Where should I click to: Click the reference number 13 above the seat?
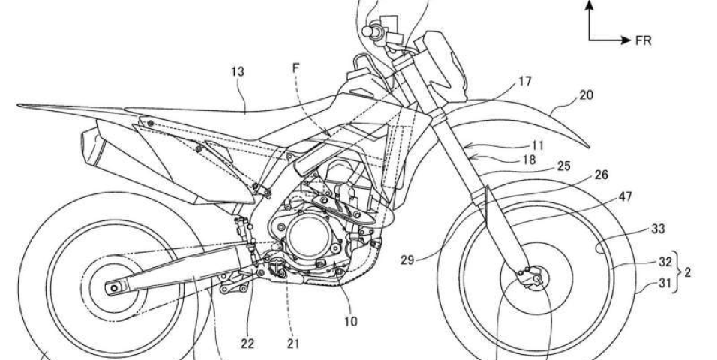(238, 71)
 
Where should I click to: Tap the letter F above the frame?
(296, 68)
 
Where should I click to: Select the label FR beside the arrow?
(643, 40)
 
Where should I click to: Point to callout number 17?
(524, 82)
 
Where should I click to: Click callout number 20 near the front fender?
(586, 95)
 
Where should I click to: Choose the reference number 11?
(537, 146)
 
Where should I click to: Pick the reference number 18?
(528, 160)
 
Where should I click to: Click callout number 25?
(564, 166)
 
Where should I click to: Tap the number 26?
(601, 175)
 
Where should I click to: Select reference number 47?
(625, 196)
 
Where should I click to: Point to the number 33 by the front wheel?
(658, 229)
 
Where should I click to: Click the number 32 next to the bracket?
(665, 262)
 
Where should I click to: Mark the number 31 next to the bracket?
(665, 283)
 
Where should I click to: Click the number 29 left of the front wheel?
(407, 259)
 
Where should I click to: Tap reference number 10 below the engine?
(350, 322)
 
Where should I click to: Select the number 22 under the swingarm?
(247, 343)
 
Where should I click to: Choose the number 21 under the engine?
(293, 343)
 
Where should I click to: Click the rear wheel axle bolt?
(113, 287)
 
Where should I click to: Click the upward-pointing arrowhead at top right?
(589, 4)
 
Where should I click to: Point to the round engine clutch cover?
(309, 236)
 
